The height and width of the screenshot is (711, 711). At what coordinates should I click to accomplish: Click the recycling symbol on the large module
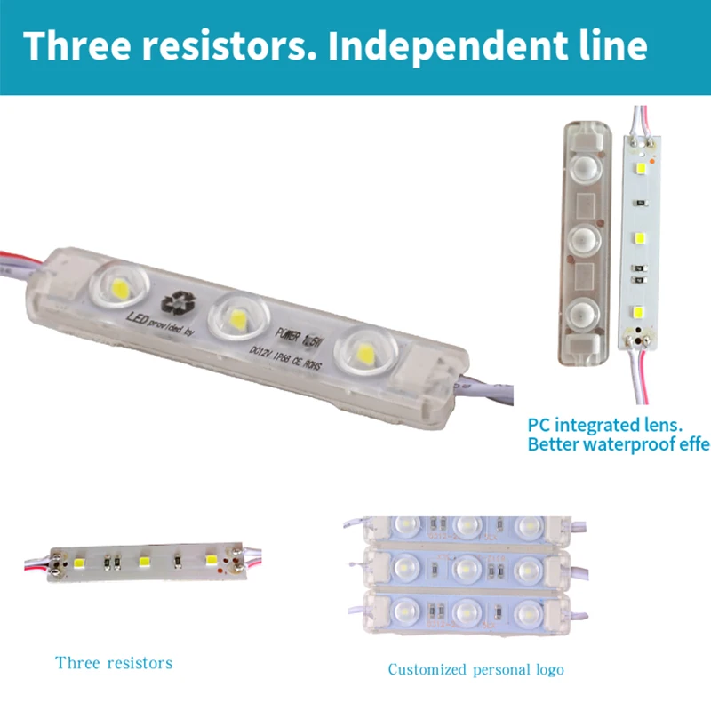tap(175, 302)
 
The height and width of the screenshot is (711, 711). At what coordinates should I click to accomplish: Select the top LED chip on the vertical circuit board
tap(639, 166)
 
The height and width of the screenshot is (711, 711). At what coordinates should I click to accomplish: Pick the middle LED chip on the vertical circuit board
tap(639, 238)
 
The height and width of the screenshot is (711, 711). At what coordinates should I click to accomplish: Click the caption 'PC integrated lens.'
tap(603, 425)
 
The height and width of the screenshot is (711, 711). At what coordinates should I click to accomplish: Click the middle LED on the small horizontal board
tap(143, 561)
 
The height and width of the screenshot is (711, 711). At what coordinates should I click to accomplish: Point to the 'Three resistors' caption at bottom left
tap(114, 663)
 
